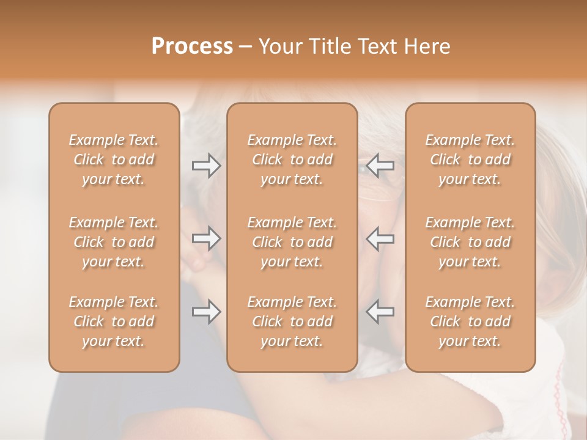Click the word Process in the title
(x=192, y=46)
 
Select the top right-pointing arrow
(x=206, y=166)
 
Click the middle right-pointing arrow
(x=206, y=238)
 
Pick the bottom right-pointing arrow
(x=206, y=312)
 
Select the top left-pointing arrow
(x=380, y=166)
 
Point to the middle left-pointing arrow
(x=380, y=238)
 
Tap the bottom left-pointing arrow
(x=380, y=312)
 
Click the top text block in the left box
(x=114, y=159)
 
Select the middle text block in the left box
(x=114, y=242)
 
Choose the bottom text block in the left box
(x=114, y=321)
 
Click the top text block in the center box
(x=292, y=159)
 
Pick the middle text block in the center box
(x=292, y=242)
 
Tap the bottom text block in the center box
(x=292, y=321)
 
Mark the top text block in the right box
(x=470, y=159)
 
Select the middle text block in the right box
(x=470, y=242)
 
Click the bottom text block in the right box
(x=470, y=321)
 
